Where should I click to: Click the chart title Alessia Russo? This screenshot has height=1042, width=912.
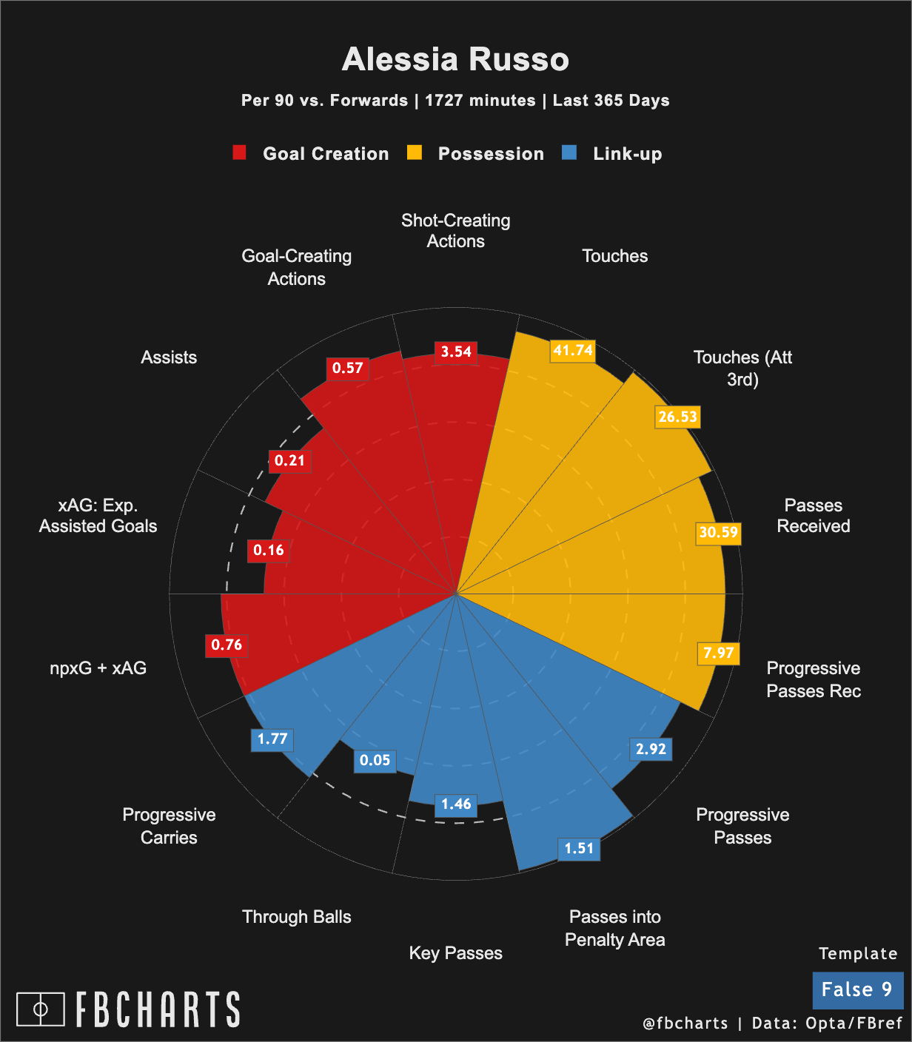[x=455, y=59]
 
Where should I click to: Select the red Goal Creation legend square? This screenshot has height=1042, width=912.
[x=239, y=153]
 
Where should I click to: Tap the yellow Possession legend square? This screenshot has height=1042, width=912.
[x=415, y=153]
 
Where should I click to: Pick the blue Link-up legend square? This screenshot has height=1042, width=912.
[x=569, y=153]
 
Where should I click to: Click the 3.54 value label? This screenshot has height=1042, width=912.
[x=456, y=352]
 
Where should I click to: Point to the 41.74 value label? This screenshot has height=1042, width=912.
[x=573, y=350]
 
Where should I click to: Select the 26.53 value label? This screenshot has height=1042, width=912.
[x=677, y=417]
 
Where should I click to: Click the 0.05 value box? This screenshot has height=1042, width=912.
[x=375, y=761]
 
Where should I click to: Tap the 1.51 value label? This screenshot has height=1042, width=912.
[x=579, y=848]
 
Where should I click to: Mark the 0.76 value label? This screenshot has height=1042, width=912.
[x=227, y=645]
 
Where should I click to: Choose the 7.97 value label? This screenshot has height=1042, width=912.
[x=718, y=653]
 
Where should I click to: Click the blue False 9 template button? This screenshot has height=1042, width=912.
[x=857, y=990]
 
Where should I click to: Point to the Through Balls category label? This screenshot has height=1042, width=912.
[x=296, y=917]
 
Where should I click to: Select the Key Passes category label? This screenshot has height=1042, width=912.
[x=455, y=953]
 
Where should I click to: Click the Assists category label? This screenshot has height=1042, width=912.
[x=169, y=357]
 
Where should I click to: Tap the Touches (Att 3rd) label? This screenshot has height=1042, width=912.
[x=742, y=369]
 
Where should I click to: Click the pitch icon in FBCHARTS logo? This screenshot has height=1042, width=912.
[x=41, y=1009]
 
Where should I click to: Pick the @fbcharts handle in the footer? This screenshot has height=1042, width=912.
[x=685, y=1023]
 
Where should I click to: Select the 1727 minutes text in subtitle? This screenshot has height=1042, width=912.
[x=480, y=101]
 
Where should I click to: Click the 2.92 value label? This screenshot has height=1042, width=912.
[x=651, y=749]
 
